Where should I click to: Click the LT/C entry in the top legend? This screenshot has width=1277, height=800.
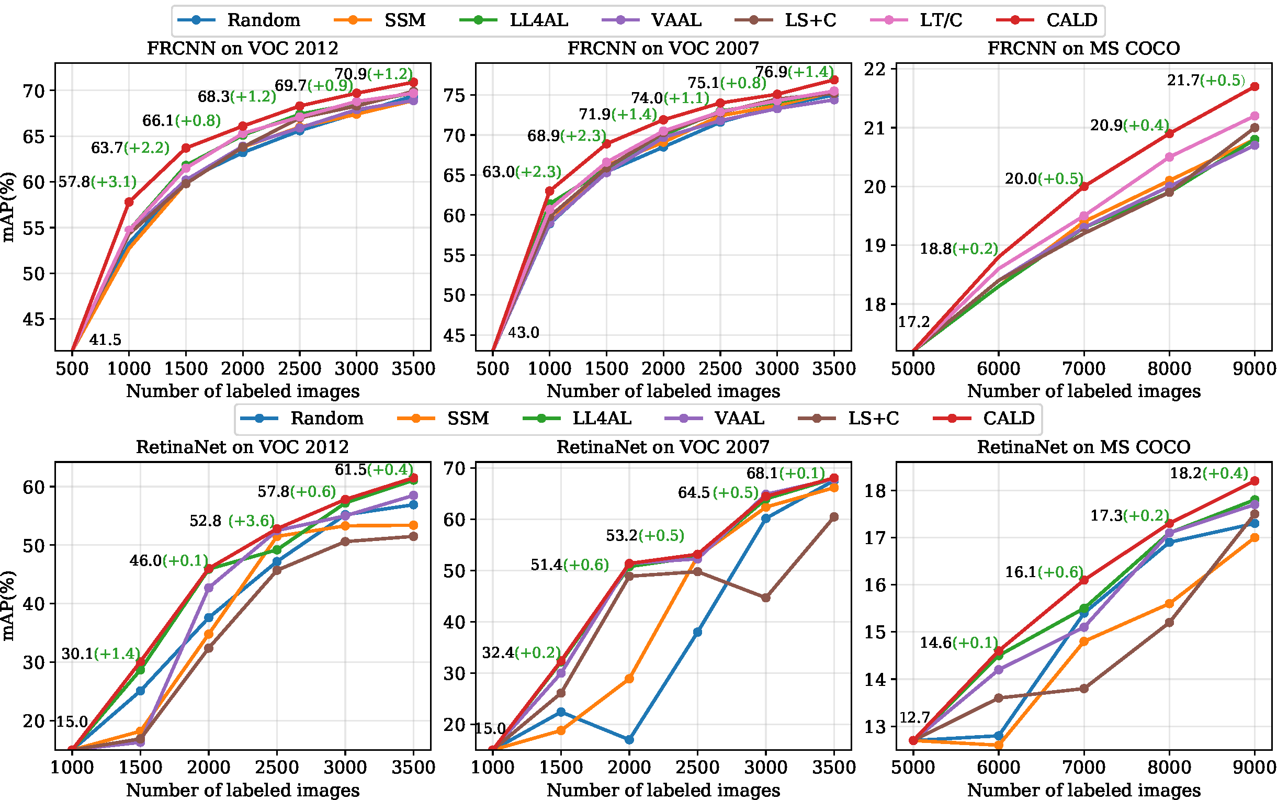(x=940, y=20)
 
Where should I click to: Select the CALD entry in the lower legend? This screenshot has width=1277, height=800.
(x=1008, y=419)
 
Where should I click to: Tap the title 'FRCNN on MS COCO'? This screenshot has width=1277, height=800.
(x=1083, y=49)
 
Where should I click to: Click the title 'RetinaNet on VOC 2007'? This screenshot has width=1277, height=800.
(x=663, y=447)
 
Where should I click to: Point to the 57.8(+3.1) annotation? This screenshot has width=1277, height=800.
(x=97, y=182)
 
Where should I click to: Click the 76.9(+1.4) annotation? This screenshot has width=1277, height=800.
(x=794, y=72)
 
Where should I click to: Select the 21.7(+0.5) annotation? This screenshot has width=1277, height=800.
(x=1206, y=81)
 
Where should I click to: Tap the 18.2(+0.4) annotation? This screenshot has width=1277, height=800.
(x=1209, y=473)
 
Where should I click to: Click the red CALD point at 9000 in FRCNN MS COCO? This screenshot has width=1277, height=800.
(x=1255, y=86)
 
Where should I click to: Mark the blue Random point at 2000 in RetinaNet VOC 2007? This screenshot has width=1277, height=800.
(x=629, y=740)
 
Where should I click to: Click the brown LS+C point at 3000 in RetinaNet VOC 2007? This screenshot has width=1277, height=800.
(x=765, y=598)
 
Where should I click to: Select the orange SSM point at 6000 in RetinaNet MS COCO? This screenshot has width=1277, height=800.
(x=999, y=746)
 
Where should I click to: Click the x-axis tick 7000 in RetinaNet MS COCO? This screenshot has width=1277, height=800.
(x=1084, y=768)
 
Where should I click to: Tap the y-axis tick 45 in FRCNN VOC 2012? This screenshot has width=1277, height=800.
(x=33, y=320)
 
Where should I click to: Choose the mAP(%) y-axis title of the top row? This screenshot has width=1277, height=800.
(x=8, y=207)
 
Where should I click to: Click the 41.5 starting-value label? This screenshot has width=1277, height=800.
(x=105, y=340)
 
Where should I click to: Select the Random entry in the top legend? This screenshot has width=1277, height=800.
(x=264, y=20)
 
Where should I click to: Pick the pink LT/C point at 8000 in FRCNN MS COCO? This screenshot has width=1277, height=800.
(x=1169, y=157)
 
